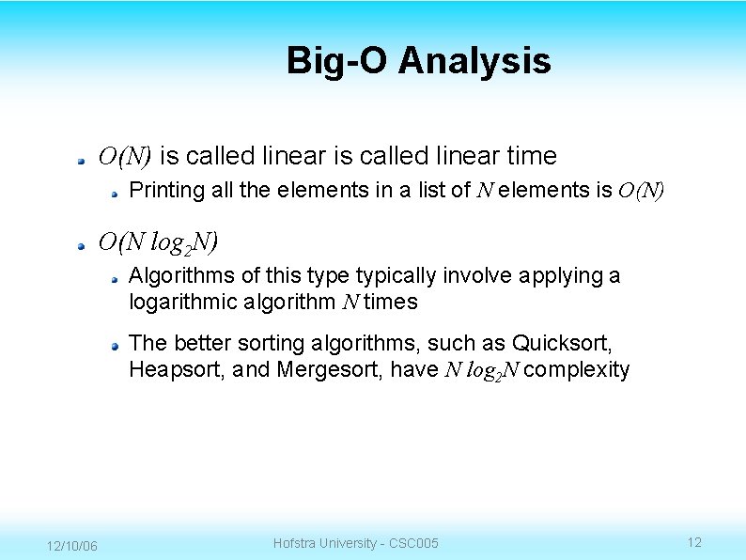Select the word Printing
pos(166,191)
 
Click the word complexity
pos(577,370)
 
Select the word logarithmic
pos(182,303)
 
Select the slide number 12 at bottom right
pos(694,542)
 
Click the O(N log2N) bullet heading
pos(158,242)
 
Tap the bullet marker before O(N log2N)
pos(84,243)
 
